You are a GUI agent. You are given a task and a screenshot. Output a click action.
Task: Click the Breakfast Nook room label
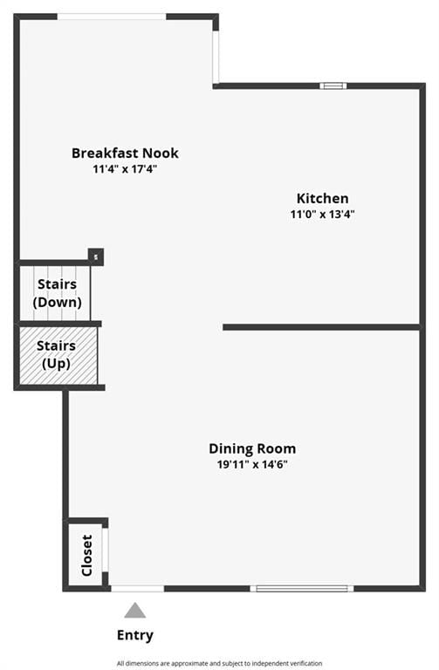point(125,153)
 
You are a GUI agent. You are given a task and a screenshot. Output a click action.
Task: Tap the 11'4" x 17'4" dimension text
point(125,169)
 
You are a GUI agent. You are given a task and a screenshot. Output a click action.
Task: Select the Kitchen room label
point(322,198)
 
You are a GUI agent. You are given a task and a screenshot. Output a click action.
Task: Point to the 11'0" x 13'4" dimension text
point(322,214)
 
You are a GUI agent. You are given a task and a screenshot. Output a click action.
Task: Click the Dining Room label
point(252,448)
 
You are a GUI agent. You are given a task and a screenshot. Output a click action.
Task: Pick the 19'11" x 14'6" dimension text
point(252,464)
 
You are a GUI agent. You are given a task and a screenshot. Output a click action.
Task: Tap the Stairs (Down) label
point(57,293)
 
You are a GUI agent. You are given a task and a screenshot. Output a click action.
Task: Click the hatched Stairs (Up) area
point(58,356)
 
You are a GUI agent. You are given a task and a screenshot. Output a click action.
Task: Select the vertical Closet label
point(86,556)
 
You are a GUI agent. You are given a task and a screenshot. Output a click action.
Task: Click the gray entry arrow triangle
point(135,611)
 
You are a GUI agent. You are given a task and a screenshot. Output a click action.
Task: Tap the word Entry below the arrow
point(135,635)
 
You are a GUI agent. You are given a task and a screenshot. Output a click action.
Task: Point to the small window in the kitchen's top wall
point(333,85)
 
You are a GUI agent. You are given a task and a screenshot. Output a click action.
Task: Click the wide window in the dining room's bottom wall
point(302,589)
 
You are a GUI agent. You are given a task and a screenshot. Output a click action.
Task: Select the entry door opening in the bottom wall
point(138,589)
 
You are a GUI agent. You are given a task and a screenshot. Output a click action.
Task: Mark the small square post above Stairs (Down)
point(96,256)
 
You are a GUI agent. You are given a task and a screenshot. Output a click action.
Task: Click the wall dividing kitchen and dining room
point(321,327)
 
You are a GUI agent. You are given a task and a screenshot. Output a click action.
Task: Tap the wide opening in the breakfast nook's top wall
point(112,17)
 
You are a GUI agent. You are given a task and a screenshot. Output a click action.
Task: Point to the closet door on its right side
point(105,550)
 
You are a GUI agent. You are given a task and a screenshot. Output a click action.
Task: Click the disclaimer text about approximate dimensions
point(219,663)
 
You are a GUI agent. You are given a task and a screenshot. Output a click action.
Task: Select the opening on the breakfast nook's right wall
point(216,57)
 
